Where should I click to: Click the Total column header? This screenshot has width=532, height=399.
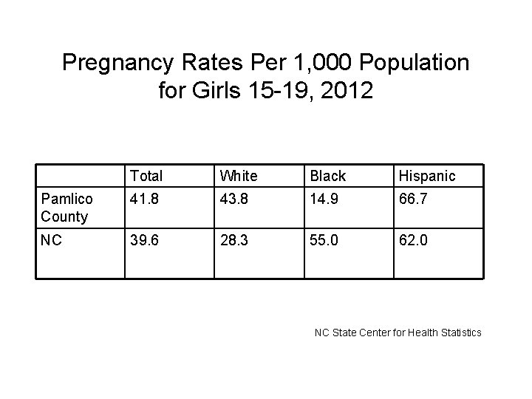pyautogui.click(x=146, y=176)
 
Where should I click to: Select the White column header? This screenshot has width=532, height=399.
pyautogui.click(x=238, y=176)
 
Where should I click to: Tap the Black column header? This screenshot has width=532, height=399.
pyautogui.click(x=328, y=176)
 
